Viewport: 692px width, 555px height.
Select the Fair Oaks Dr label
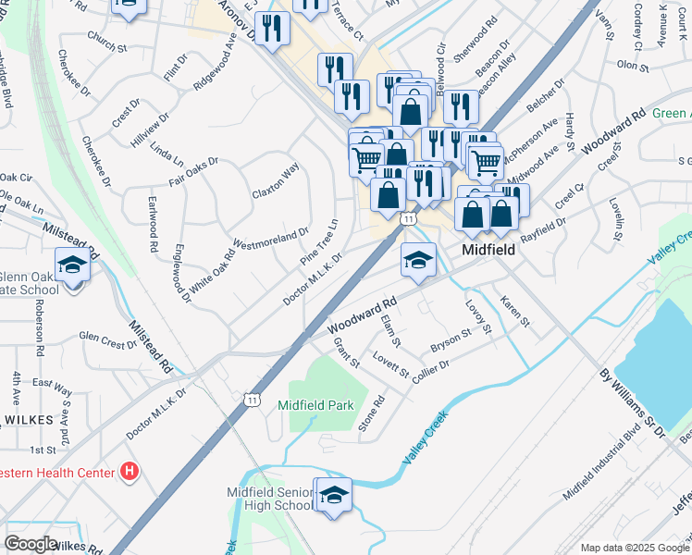(192, 171)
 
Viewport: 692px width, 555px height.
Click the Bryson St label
(451, 344)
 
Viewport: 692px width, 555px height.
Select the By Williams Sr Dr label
(632, 403)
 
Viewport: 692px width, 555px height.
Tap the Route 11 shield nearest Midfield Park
(252, 399)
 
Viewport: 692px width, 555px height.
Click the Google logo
(31, 543)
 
